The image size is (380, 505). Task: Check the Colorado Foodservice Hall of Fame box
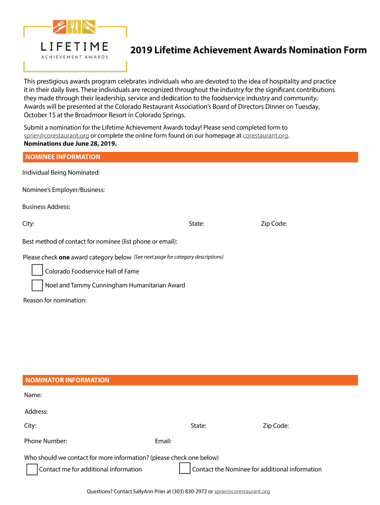click(37, 270)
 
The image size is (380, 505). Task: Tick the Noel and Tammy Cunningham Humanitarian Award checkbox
click(37, 285)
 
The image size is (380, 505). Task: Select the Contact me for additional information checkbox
click(32, 469)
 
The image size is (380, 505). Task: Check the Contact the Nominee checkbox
click(185, 469)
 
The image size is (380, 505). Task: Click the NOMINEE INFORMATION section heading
click(63, 157)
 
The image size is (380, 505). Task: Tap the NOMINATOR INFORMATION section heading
click(67, 380)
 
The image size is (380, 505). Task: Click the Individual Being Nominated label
click(61, 173)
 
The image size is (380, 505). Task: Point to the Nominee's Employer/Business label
click(64, 190)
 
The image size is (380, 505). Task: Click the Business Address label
click(46, 207)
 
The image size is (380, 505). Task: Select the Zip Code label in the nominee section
click(274, 224)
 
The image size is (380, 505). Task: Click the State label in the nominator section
click(198, 426)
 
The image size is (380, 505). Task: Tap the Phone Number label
click(45, 441)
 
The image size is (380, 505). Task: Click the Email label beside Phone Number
click(163, 441)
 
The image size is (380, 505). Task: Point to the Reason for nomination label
click(55, 300)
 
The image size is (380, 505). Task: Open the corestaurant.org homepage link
click(266, 136)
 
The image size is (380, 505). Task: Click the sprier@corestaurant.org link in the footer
click(242, 491)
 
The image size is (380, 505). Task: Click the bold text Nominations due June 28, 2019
click(71, 144)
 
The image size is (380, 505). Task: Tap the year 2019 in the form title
click(141, 50)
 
